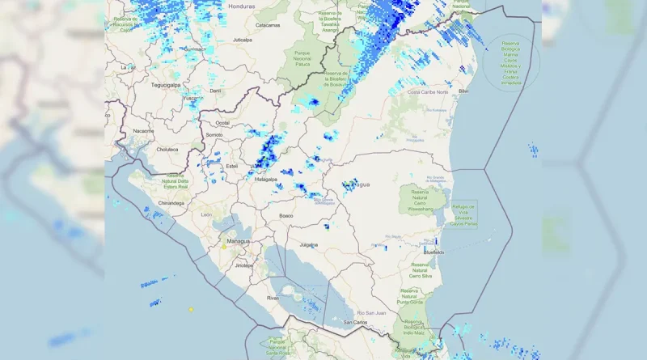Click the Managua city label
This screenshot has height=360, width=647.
click(239, 241)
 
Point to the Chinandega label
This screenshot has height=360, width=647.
click(171, 203)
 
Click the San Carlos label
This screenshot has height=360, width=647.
click(355, 322)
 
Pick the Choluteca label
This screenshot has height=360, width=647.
click(167, 149)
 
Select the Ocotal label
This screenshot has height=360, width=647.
click(222, 123)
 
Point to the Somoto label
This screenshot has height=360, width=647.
click(214, 135)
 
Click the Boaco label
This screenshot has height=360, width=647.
click(286, 216)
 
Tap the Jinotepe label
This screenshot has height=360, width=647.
click(243, 265)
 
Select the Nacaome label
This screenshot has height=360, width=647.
click(144, 130)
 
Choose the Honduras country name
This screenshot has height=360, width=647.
click(241, 6)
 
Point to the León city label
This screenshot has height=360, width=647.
click(206, 214)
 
